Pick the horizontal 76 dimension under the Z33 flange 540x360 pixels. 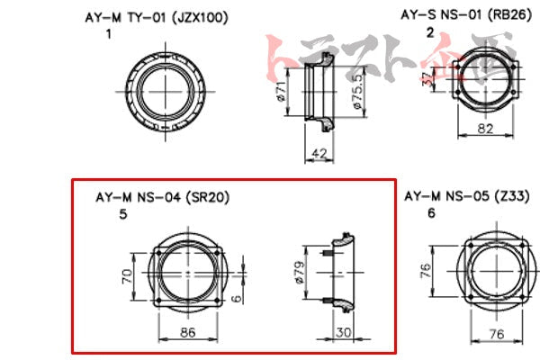493,332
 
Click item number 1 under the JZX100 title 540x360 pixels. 109,33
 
